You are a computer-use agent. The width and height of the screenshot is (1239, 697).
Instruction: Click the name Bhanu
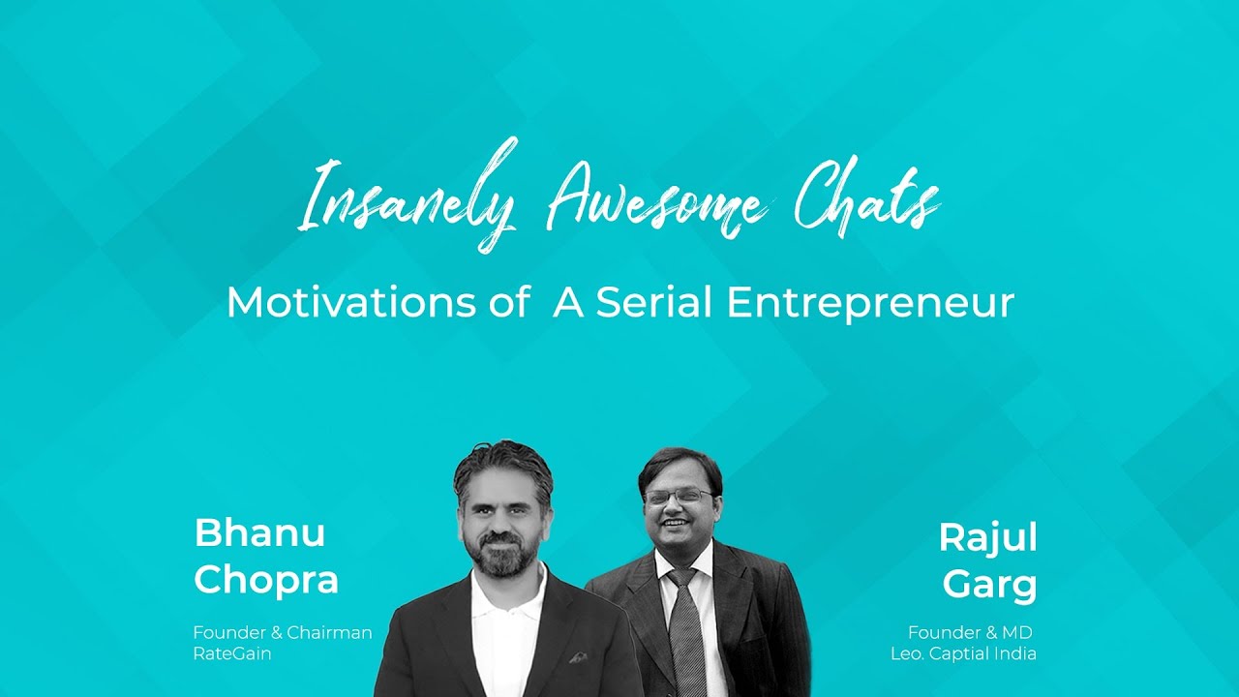coord(259,532)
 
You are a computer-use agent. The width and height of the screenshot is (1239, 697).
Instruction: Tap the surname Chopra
coord(266,580)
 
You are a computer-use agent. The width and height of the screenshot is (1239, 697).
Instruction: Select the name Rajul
coord(987,538)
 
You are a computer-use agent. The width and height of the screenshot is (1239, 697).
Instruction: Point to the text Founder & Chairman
coord(283,633)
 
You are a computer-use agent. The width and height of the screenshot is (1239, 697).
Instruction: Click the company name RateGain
coord(233,653)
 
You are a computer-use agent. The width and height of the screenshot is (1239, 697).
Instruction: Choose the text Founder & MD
coord(971,633)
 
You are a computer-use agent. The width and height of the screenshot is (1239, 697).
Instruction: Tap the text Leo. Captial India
coord(963,653)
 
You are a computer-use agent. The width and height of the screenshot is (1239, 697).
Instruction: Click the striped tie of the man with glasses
coord(686,629)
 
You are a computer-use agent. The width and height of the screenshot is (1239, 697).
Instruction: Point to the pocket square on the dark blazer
coord(578,657)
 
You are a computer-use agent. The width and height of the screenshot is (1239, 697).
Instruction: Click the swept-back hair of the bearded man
coord(503,460)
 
